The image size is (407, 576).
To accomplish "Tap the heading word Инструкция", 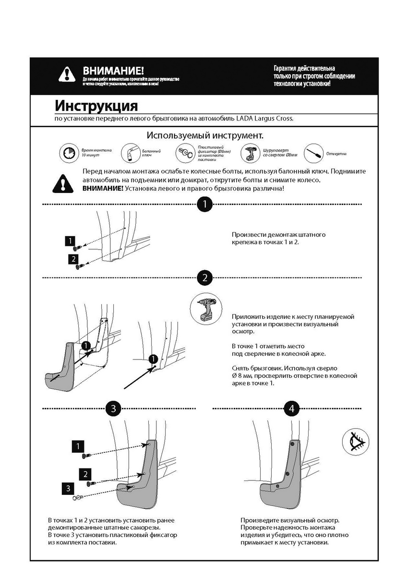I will [x=96, y=105].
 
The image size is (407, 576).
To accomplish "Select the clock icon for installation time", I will [x=68, y=153].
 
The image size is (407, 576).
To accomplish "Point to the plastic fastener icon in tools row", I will [x=185, y=153].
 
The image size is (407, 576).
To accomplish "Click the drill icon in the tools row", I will [x=250, y=153].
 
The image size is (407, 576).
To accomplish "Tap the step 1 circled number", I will [x=205, y=204].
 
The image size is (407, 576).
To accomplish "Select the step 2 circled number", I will [x=205, y=277].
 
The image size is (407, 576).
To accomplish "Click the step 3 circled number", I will [x=113, y=409].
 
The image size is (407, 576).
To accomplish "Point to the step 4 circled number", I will [x=291, y=409].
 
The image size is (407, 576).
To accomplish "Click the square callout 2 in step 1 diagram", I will [x=73, y=259].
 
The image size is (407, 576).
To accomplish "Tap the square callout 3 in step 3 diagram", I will [x=68, y=489].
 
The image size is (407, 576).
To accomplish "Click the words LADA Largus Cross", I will [x=268, y=119].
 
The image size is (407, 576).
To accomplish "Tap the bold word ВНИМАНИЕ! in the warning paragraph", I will [x=102, y=188].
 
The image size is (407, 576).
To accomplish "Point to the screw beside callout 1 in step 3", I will [x=87, y=455].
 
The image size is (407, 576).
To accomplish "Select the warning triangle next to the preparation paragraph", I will [x=63, y=182].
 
